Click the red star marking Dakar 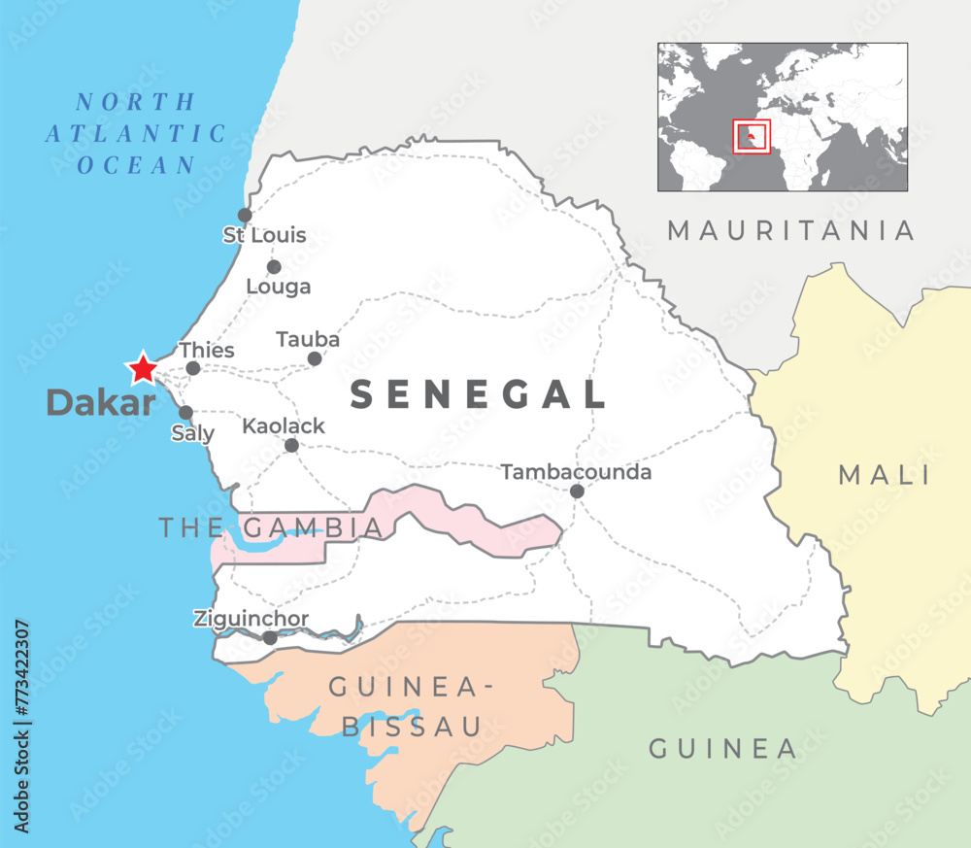(x=143, y=368)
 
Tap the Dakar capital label (x=101, y=402)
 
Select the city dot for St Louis (x=245, y=215)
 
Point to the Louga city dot (x=274, y=266)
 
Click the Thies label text (x=207, y=350)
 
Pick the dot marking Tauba (x=315, y=358)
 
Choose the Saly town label (x=192, y=433)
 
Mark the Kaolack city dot (x=291, y=445)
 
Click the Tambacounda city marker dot (x=577, y=492)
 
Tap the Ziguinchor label (x=251, y=619)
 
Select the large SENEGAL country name (x=478, y=394)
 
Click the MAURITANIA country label (x=791, y=230)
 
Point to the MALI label (x=885, y=475)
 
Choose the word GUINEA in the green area (x=722, y=749)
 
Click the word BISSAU (x=412, y=726)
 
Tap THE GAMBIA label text (x=271, y=527)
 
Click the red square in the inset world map (x=752, y=136)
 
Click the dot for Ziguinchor (x=270, y=638)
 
